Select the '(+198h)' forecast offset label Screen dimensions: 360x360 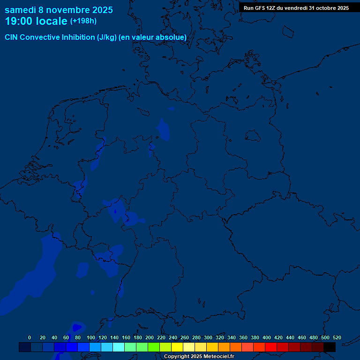click(x=83, y=21)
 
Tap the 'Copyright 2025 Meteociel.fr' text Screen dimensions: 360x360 click(x=199, y=356)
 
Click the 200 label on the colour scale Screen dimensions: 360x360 click(x=150, y=337)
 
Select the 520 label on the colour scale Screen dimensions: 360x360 click(x=337, y=337)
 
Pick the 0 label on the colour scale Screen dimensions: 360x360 click(x=30, y=337)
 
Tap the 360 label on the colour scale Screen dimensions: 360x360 click(x=243, y=337)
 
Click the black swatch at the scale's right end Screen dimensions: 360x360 click(x=330, y=347)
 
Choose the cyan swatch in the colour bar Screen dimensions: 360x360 click(x=119, y=347)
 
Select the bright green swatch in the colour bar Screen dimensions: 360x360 click(x=154, y=347)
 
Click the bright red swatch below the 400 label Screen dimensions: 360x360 click(x=271, y=347)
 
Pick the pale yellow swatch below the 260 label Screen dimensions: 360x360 click(x=189, y=347)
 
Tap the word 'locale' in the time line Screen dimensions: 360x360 click(x=52, y=22)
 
